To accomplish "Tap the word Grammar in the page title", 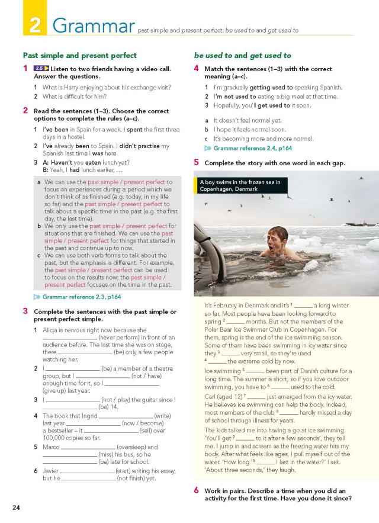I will click(x=92, y=25).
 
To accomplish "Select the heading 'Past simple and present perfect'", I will click(x=79, y=55).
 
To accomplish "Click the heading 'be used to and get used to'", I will click(x=243, y=55).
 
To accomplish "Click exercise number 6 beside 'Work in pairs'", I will click(x=197, y=490).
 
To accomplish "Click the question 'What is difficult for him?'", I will click(x=75, y=97).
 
